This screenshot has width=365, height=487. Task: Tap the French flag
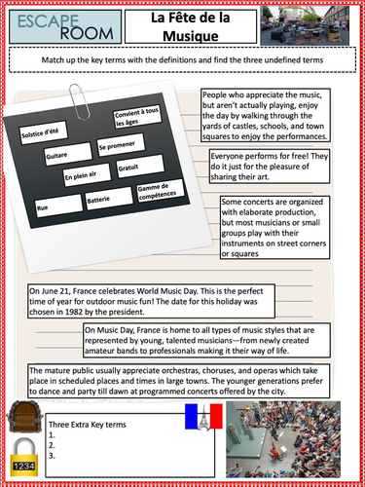[x=205, y=418]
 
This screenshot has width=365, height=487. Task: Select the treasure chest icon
[x=23, y=413]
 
